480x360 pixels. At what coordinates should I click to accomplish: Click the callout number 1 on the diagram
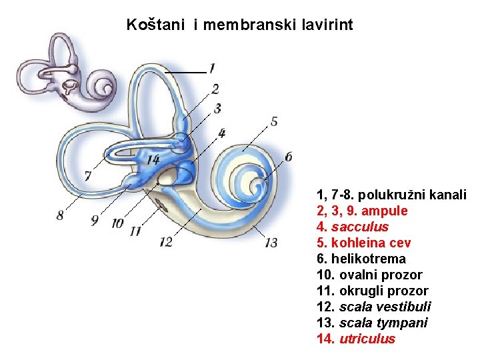click(x=211, y=68)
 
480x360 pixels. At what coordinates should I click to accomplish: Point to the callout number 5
click(x=274, y=121)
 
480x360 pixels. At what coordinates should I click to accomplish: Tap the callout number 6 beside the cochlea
click(x=288, y=157)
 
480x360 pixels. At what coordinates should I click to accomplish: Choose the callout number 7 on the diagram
click(x=87, y=176)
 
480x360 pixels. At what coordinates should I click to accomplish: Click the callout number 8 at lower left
click(x=61, y=215)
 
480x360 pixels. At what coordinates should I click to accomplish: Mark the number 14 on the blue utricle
click(x=153, y=159)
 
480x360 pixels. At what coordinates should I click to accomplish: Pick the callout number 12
click(x=166, y=241)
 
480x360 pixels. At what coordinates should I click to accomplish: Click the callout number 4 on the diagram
click(x=221, y=133)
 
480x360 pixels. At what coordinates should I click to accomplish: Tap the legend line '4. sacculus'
click(x=353, y=227)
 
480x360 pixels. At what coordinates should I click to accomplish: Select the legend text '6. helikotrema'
click(x=361, y=259)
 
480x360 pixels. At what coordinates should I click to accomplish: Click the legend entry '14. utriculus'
click(x=355, y=339)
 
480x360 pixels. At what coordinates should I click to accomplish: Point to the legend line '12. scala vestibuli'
click(x=373, y=307)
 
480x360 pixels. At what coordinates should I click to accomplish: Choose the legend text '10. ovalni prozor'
click(x=369, y=275)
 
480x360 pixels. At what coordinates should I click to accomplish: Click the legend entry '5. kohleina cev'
click(x=363, y=243)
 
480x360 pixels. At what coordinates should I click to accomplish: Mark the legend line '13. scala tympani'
click(x=372, y=323)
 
